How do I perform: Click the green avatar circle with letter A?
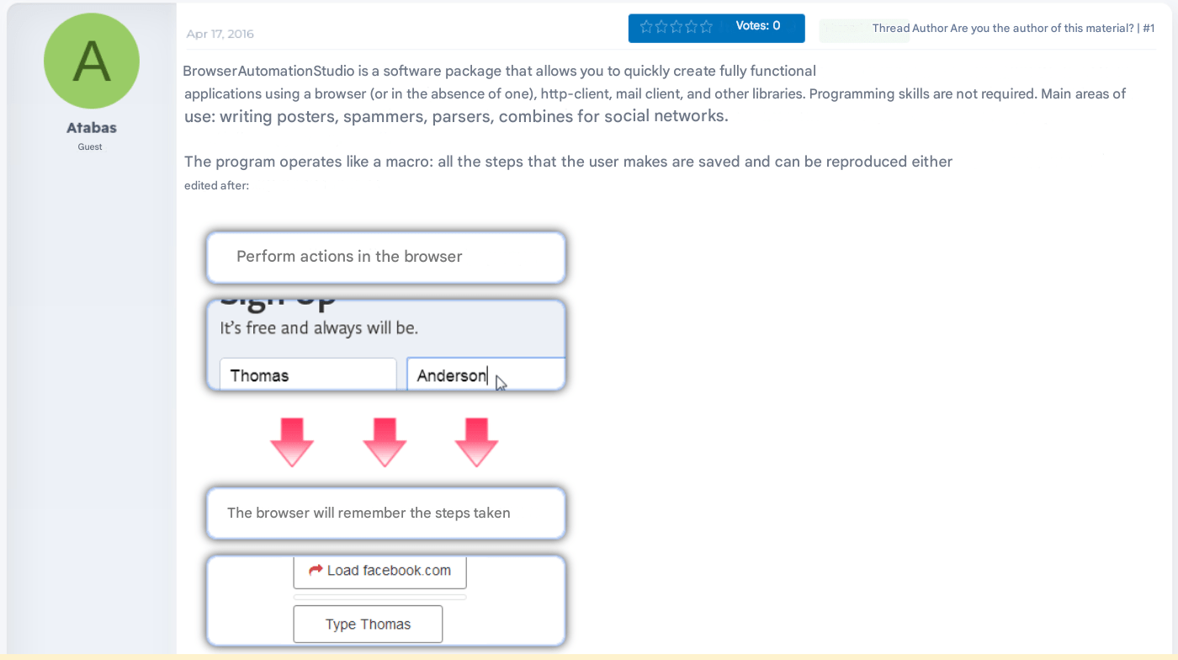(91, 61)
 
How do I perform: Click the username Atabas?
(91, 128)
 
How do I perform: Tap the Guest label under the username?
(90, 146)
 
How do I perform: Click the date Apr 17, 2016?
(220, 34)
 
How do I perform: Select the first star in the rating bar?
(646, 27)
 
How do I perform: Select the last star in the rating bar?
(706, 27)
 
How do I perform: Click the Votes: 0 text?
(757, 26)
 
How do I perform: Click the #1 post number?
(1149, 28)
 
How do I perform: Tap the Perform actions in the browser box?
(385, 257)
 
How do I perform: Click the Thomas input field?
(307, 375)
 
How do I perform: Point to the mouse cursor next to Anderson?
(501, 383)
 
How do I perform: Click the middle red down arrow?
(385, 441)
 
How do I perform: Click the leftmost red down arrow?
(292, 441)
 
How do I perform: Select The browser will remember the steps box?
(385, 513)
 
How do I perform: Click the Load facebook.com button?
(379, 571)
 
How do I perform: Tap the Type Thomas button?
(368, 624)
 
